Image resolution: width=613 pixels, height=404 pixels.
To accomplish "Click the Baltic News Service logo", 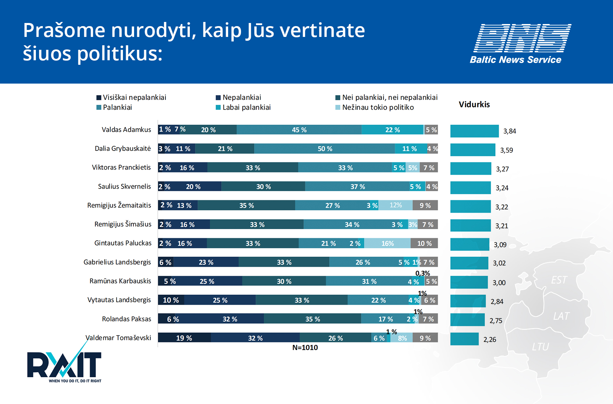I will pyautogui.click(x=521, y=44).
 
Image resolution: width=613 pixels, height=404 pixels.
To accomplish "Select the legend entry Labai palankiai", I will pyautogui.click(x=243, y=107).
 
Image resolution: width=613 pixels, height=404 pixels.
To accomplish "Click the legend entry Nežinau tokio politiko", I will pyautogui.click(x=374, y=107).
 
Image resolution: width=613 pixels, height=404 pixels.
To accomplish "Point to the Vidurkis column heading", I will pyautogui.click(x=474, y=104).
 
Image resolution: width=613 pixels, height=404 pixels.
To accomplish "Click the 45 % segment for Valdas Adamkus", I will pyautogui.click(x=299, y=130).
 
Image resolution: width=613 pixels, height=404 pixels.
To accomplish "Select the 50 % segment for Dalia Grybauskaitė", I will pyautogui.click(x=325, y=149).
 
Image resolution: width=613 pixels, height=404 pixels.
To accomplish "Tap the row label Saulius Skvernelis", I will pyautogui.click(x=124, y=186).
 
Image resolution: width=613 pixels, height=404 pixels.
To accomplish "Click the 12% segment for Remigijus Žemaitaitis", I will pyautogui.click(x=396, y=205).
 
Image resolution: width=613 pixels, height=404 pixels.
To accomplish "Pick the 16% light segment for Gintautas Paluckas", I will pyautogui.click(x=387, y=243).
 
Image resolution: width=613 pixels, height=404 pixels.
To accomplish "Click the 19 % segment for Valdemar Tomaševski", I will pyautogui.click(x=184, y=338).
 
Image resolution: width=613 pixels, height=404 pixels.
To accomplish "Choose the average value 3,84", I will pyautogui.click(x=510, y=131).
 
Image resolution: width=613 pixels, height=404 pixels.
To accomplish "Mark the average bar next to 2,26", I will pyautogui.click(x=464, y=339).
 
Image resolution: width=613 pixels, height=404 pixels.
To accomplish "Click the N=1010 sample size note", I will pyautogui.click(x=305, y=348).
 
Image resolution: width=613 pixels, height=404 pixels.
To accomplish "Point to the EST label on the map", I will pyautogui.click(x=559, y=280).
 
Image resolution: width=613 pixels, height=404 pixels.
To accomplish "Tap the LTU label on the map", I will pyautogui.click(x=540, y=347).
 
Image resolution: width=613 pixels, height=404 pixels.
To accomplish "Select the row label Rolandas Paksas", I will pyautogui.click(x=126, y=319).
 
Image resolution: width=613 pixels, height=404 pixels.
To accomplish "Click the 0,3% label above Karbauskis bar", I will pyautogui.click(x=422, y=273).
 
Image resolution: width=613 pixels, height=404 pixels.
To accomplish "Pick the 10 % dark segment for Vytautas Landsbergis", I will pyautogui.click(x=171, y=300).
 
